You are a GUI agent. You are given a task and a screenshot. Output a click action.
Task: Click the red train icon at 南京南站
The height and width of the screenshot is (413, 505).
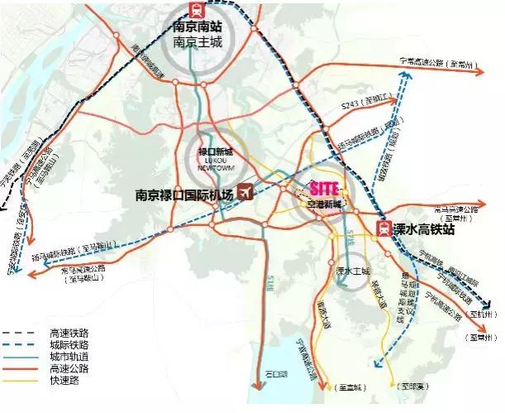click(x=196, y=11)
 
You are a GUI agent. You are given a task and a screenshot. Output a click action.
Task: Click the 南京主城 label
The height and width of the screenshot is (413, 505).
click(x=197, y=41)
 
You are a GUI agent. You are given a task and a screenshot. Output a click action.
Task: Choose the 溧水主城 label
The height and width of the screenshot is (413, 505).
click(x=350, y=270)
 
